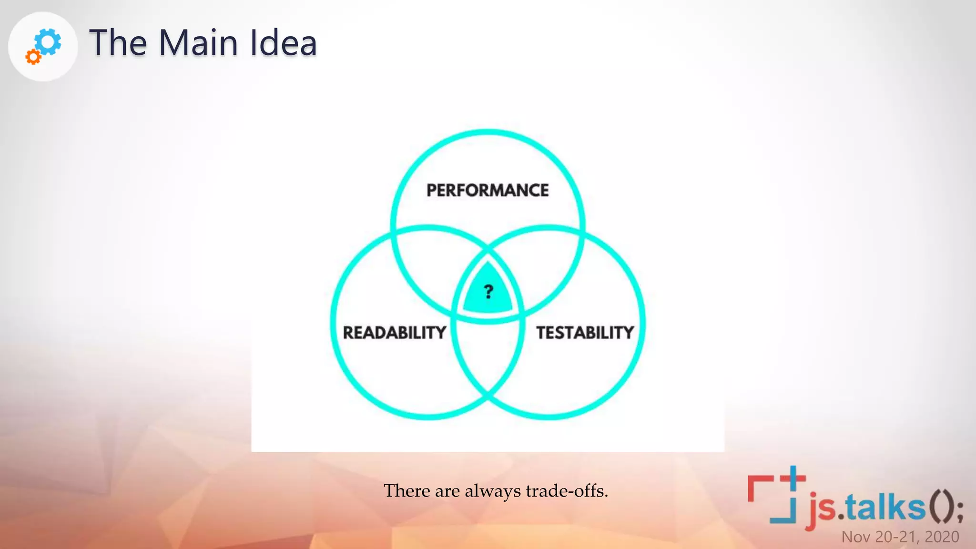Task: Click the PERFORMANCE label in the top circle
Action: tap(487, 190)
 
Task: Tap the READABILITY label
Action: tap(395, 332)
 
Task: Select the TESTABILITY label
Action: tap(585, 332)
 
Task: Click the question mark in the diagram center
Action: tap(488, 291)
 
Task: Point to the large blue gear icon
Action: tap(49, 41)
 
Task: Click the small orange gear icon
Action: tap(33, 57)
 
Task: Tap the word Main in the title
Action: tap(198, 43)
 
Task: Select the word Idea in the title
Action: tap(283, 43)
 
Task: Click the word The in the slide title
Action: tap(118, 43)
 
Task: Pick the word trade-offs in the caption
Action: tap(567, 490)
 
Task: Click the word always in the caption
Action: tap(493, 491)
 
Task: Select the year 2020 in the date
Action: tap(942, 537)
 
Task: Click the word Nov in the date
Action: tap(856, 537)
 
